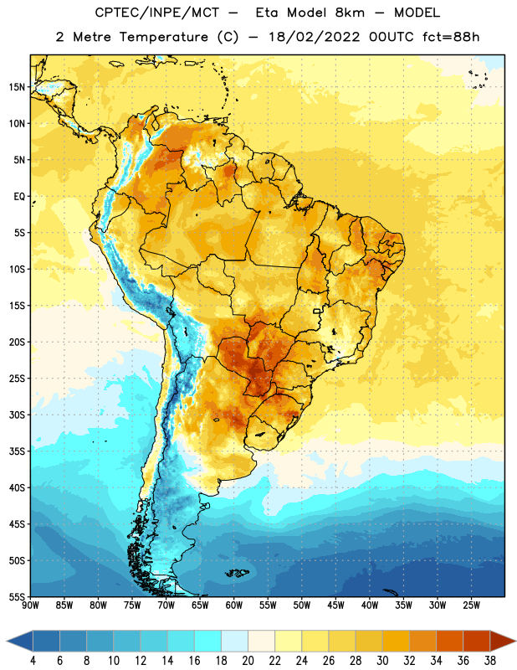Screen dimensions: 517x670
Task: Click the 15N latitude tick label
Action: tap(17, 87)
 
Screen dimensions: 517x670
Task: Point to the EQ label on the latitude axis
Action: tap(19, 197)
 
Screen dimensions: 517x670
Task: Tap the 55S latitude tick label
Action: tap(17, 597)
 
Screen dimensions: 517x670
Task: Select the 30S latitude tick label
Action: tap(17, 415)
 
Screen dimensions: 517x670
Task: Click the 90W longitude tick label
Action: tap(30, 606)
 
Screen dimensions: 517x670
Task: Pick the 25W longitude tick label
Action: tap(471, 606)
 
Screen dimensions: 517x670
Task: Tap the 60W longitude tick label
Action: tap(234, 606)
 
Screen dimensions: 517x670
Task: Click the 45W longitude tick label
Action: tap(335, 606)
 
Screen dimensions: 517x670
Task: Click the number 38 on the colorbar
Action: tap(490, 661)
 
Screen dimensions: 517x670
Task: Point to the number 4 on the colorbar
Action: tap(33, 661)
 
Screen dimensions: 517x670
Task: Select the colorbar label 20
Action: tap(248, 661)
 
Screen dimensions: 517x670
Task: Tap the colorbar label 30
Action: tap(382, 661)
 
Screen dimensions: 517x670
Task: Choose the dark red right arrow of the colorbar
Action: tap(502, 641)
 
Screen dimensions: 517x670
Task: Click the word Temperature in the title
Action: tap(163, 37)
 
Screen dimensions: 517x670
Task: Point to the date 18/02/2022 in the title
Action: tap(315, 37)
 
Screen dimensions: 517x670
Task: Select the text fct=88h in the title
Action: tap(451, 37)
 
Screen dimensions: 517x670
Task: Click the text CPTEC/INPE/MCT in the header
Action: tap(156, 13)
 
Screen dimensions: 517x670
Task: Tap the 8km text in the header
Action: tap(350, 13)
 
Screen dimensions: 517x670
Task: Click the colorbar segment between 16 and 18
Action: tap(208, 641)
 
